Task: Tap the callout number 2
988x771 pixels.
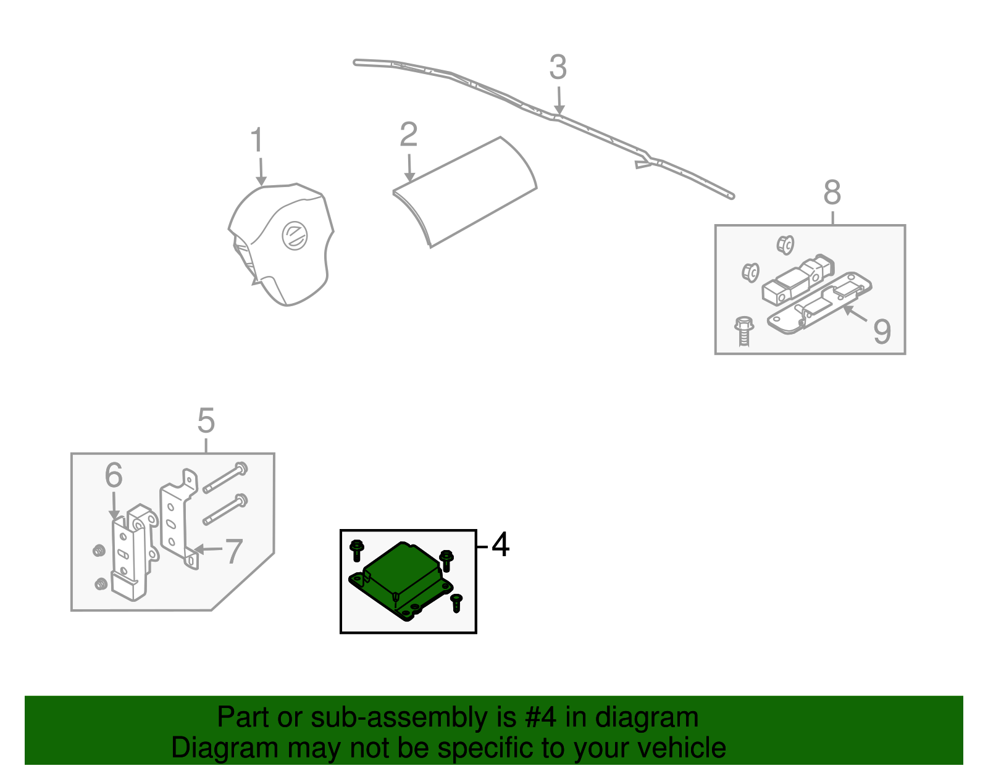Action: (408, 135)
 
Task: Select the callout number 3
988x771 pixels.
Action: (558, 68)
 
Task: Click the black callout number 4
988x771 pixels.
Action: (500, 545)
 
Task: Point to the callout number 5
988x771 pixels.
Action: (206, 421)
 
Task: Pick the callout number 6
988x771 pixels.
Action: (114, 475)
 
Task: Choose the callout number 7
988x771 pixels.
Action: (233, 551)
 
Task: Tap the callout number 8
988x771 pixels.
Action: (832, 193)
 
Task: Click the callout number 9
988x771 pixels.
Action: (882, 331)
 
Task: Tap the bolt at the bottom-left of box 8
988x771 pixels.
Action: (744, 331)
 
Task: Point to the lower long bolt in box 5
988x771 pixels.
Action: (225, 510)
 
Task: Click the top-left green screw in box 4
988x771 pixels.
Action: (356, 549)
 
